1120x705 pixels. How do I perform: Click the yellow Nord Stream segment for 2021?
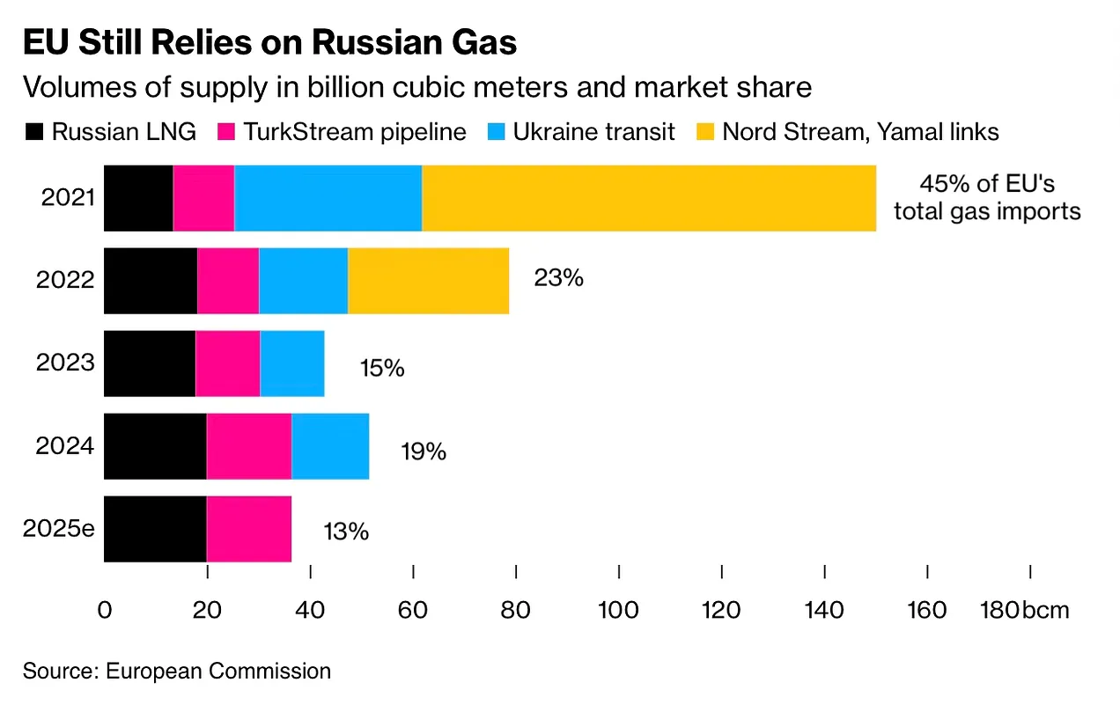pos(649,198)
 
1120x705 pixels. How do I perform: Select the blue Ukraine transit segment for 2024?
pos(330,446)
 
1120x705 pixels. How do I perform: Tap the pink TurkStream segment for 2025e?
pos(249,529)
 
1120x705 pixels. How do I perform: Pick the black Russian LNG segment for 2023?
pos(150,364)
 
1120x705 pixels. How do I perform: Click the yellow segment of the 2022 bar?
pos(428,281)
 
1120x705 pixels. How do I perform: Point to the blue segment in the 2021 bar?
pos(328,198)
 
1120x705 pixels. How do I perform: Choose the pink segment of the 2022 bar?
pos(228,281)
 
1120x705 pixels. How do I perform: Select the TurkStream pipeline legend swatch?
pos(225,133)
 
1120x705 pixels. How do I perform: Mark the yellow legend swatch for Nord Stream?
pos(704,133)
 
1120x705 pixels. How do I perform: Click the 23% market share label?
pos(558,279)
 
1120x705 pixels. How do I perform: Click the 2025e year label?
pos(58,530)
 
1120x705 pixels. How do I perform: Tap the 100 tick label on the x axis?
pos(619,610)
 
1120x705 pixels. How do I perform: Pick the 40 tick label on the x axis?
pos(310,610)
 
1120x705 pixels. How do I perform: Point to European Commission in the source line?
pos(218,671)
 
